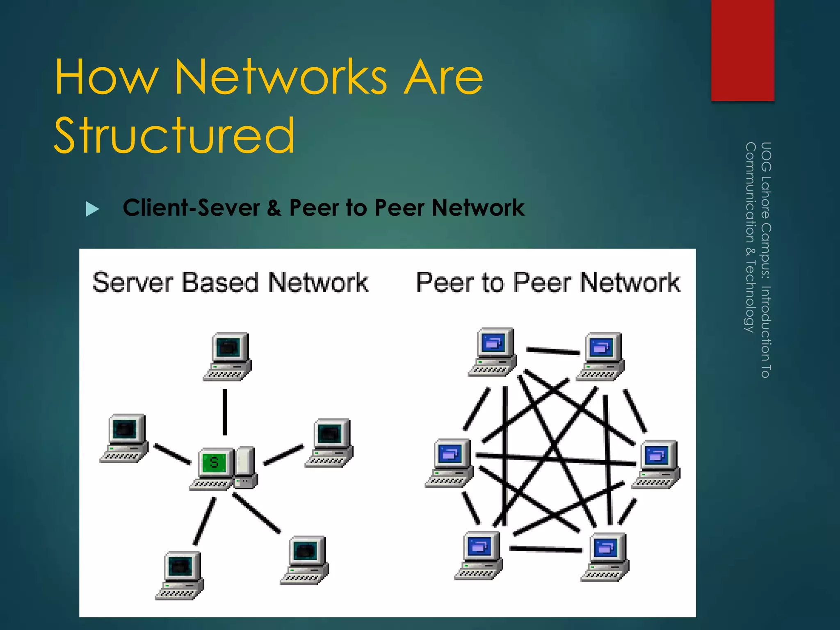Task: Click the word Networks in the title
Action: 281,77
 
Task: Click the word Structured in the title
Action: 174,135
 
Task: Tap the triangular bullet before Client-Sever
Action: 92,209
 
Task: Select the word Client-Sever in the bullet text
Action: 191,208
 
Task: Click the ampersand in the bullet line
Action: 274,208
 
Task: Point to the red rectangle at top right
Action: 742,50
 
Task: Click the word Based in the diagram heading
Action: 221,283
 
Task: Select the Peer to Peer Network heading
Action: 548,283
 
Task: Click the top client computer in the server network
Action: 228,356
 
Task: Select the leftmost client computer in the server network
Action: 125,438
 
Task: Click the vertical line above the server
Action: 225,412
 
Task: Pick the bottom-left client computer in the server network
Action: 180,575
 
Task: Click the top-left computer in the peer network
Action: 493,352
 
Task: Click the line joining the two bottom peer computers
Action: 546,549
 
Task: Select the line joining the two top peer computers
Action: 553,351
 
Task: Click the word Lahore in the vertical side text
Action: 765,197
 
